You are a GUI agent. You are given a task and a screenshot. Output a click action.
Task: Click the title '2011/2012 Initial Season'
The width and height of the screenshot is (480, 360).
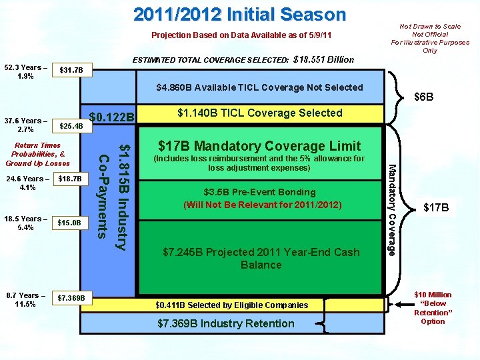(x=239, y=15)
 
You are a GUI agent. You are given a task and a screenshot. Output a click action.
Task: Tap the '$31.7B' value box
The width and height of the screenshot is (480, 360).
(x=71, y=70)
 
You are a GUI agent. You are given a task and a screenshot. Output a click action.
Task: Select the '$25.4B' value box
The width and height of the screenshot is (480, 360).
(x=71, y=125)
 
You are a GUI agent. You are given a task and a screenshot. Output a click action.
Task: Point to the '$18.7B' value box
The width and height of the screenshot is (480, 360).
(x=70, y=179)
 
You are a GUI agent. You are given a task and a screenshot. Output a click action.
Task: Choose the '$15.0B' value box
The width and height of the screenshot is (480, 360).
(x=69, y=222)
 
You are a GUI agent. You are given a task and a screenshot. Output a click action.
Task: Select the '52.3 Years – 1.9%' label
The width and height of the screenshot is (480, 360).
(x=25, y=71)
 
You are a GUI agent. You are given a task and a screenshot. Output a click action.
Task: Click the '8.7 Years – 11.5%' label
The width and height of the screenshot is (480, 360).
(x=25, y=299)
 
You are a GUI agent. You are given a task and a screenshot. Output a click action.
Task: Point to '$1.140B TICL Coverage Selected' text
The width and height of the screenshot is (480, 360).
(x=259, y=113)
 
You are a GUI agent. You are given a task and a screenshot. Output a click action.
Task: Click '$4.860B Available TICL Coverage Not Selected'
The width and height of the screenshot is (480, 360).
(x=259, y=87)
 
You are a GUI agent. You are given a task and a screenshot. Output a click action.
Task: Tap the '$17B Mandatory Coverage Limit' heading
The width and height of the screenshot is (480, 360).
(x=259, y=145)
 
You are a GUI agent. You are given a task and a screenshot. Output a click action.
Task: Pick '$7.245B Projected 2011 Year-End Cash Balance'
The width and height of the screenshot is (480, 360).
(x=261, y=258)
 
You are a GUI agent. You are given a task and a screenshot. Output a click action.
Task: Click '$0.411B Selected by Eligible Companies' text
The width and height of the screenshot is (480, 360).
(x=232, y=305)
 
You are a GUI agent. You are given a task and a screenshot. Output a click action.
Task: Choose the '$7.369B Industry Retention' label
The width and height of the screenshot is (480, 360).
(x=226, y=323)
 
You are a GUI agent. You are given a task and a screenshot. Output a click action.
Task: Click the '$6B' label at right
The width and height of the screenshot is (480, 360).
(x=425, y=97)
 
